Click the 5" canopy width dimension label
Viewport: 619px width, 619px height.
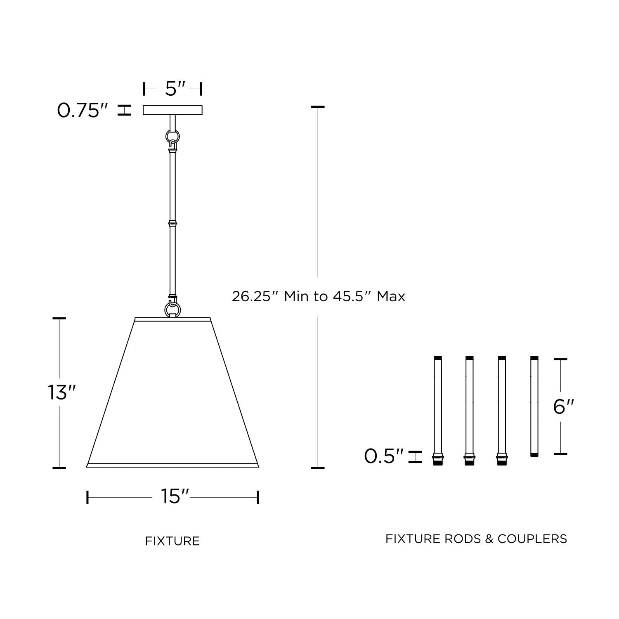[x=175, y=88]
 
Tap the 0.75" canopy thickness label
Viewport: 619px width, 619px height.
[x=83, y=111]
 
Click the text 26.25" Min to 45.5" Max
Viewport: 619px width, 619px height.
[x=318, y=296]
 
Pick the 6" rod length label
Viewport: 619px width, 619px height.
[x=564, y=407]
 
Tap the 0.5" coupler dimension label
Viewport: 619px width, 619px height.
[x=384, y=456]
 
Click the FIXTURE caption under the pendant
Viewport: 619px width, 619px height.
[x=172, y=541]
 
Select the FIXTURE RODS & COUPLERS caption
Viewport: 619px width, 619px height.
[x=476, y=539]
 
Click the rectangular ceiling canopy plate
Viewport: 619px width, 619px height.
[x=172, y=110]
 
